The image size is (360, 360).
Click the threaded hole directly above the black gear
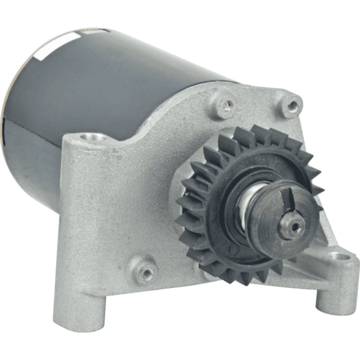[226, 104]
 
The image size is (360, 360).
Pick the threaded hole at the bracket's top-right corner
[291, 104]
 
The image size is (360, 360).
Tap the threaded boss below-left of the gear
[145, 269]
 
